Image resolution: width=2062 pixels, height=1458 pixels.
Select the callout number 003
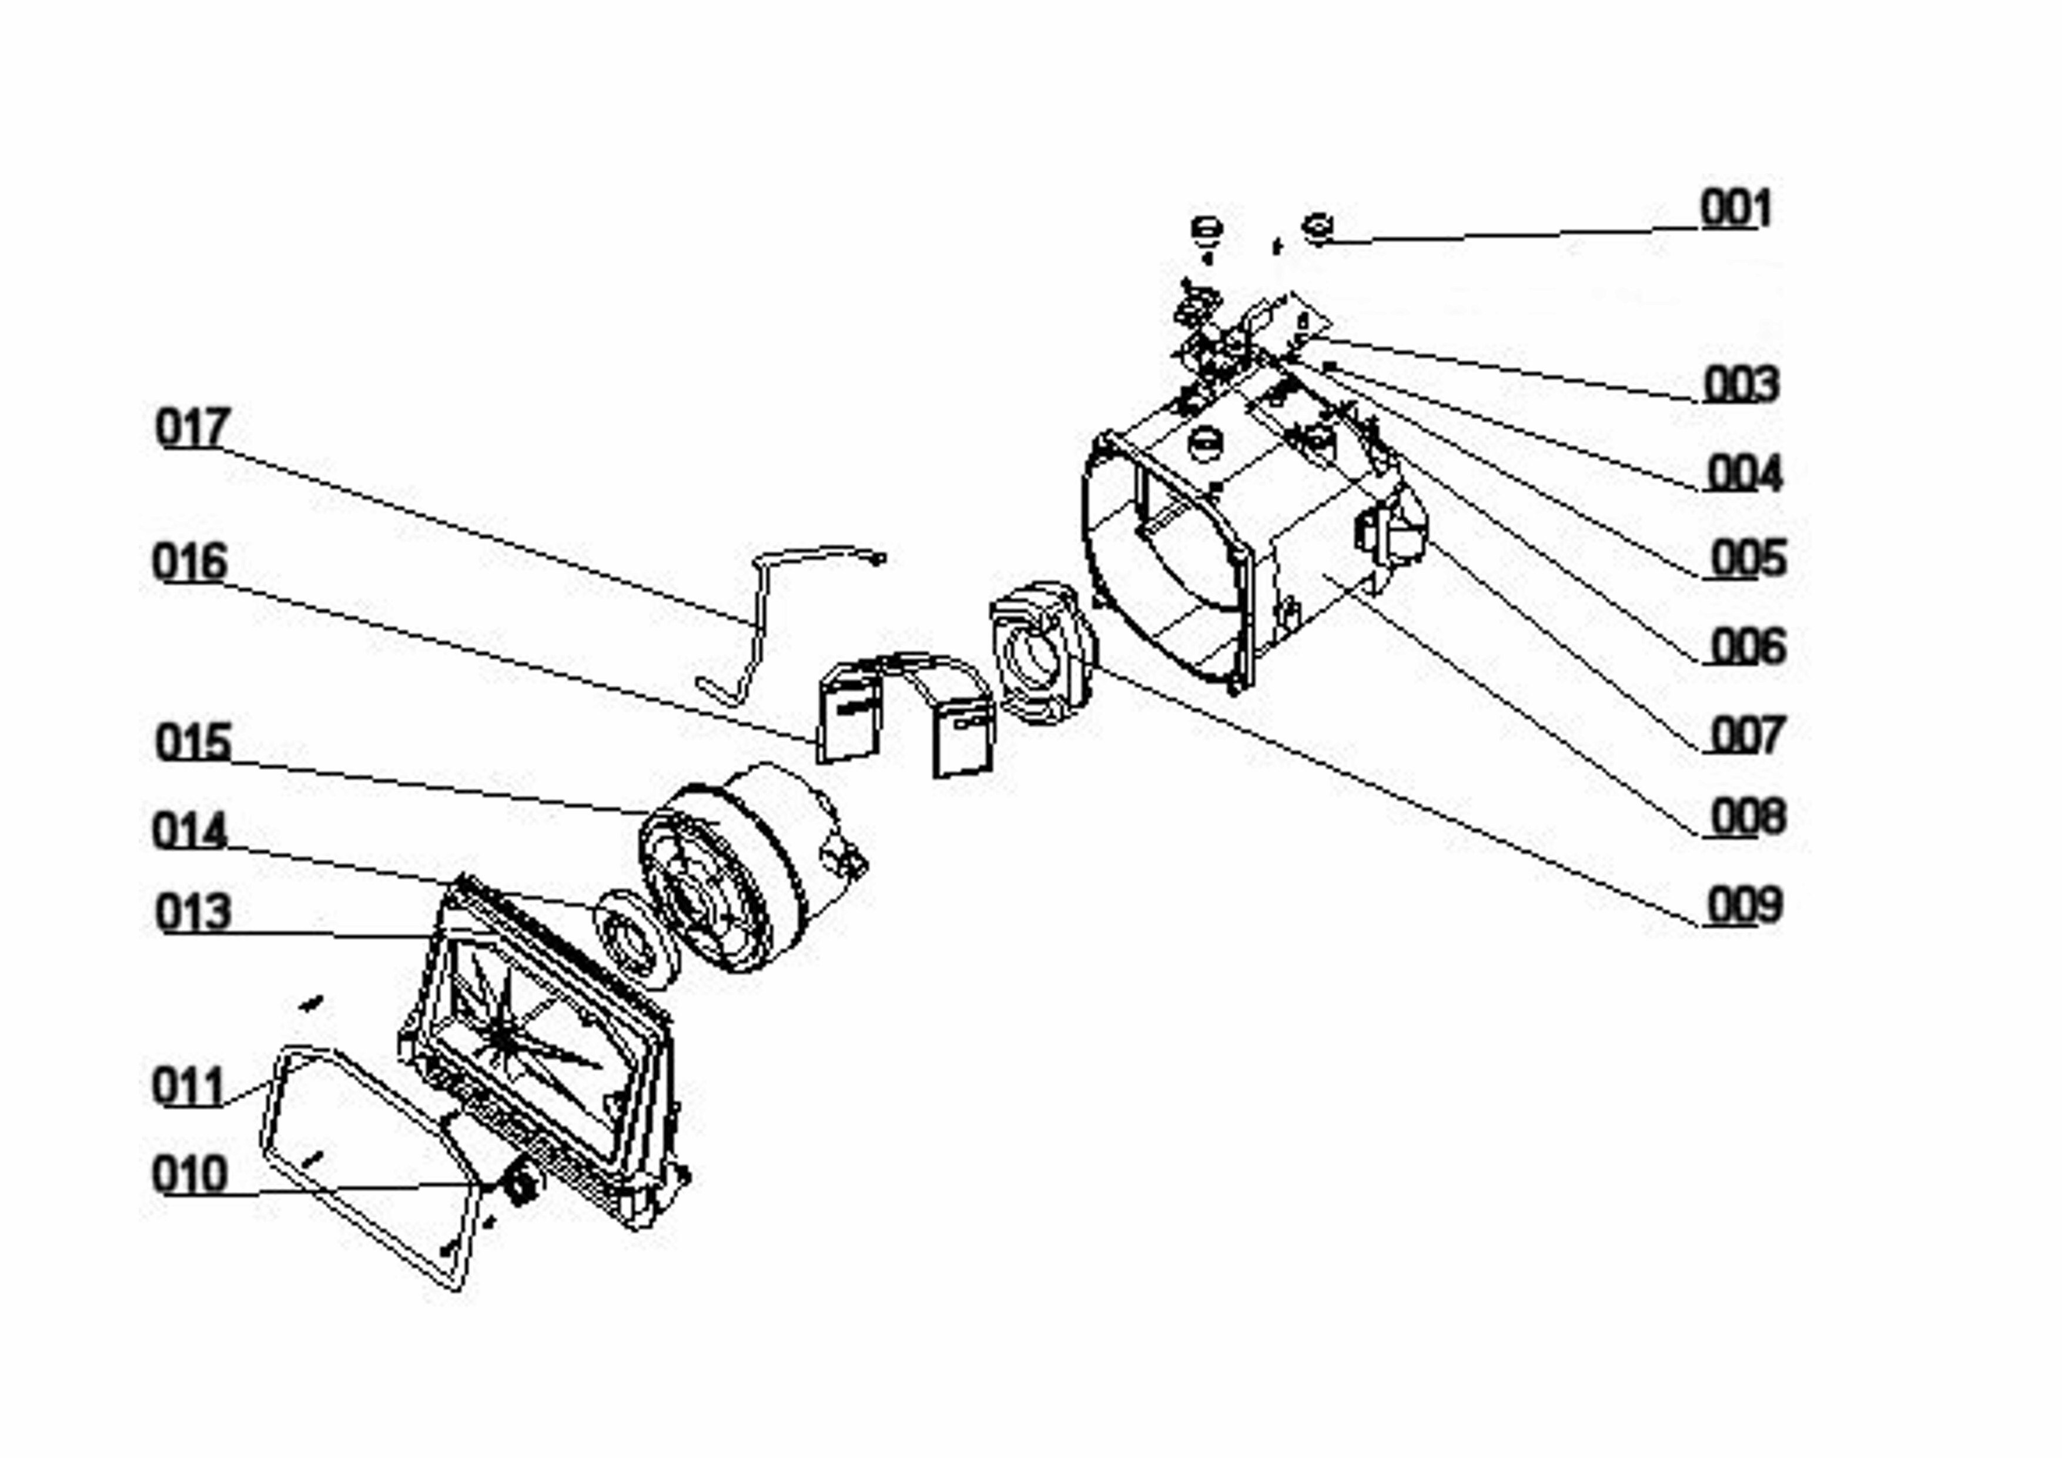(1740, 385)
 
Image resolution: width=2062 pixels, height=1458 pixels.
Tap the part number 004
(1744, 472)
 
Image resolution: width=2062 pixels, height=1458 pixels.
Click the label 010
(189, 1174)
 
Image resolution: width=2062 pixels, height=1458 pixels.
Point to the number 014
(189, 831)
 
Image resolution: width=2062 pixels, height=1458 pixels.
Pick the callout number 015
(193, 742)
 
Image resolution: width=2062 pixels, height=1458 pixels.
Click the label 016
(189, 562)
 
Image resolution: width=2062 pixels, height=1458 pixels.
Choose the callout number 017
(193, 428)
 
